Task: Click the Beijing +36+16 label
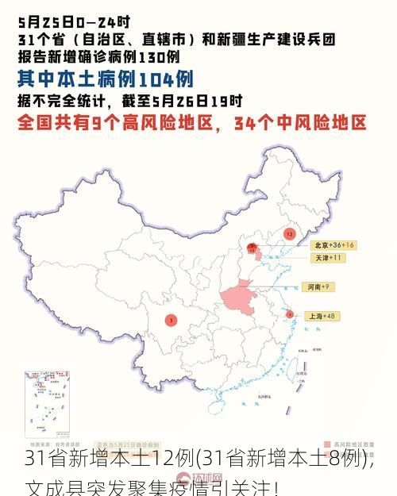[333, 245]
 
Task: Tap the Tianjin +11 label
[327, 258]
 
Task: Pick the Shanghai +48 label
[321, 316]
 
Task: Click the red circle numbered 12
[289, 234]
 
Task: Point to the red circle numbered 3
[171, 320]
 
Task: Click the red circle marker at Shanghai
[290, 314]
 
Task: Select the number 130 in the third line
[148, 56]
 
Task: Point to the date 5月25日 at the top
[44, 16]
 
